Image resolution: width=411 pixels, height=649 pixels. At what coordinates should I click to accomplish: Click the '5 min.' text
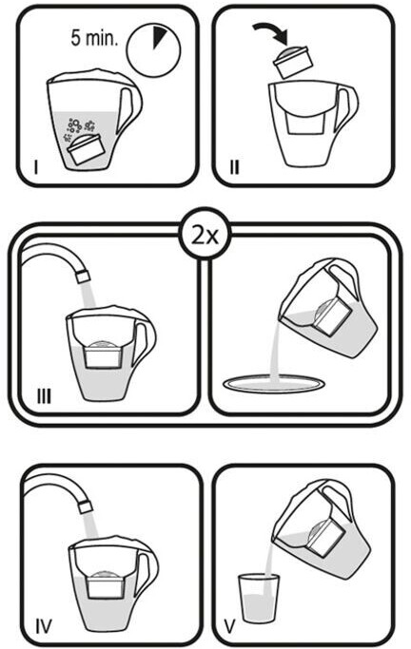pyautogui.click(x=94, y=38)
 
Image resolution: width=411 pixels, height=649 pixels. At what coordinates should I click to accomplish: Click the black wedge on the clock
pyautogui.click(x=159, y=36)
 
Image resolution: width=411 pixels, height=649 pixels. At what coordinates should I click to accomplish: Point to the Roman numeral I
pyautogui.click(x=36, y=167)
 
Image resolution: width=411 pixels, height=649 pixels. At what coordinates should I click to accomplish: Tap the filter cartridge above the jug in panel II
pyautogui.click(x=291, y=63)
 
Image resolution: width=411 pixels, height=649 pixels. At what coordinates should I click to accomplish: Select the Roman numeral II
pyautogui.click(x=234, y=167)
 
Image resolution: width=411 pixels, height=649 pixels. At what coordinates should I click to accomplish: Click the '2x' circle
pyautogui.click(x=204, y=235)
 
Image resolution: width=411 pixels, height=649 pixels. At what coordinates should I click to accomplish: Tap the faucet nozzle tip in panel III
pyautogui.click(x=84, y=277)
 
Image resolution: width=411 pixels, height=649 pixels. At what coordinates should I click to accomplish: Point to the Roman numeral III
pyautogui.click(x=44, y=396)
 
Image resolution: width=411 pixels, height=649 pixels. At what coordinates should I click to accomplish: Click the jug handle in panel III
pyautogui.click(x=146, y=341)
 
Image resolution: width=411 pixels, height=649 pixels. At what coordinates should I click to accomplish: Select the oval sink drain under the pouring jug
pyautogui.click(x=273, y=384)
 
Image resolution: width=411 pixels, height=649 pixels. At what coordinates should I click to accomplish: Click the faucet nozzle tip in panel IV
pyautogui.click(x=86, y=506)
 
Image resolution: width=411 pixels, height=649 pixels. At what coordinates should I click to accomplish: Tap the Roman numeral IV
pyautogui.click(x=44, y=626)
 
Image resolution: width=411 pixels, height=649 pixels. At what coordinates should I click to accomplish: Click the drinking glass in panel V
pyautogui.click(x=259, y=598)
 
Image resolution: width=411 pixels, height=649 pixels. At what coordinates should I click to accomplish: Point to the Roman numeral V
pyautogui.click(x=229, y=626)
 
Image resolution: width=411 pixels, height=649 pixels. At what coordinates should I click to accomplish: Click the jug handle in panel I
pyautogui.click(x=131, y=109)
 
